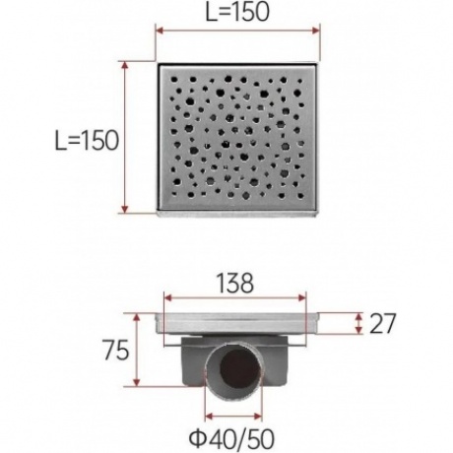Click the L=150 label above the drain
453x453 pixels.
click(237, 13)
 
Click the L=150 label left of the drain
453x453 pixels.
click(87, 141)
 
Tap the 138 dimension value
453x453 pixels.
click(235, 284)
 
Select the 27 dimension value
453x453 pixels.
click(383, 324)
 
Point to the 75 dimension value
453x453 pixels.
click(116, 351)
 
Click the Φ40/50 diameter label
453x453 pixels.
click(231, 439)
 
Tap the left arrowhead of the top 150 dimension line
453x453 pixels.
click(160, 31)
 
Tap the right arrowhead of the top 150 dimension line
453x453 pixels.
click(315, 31)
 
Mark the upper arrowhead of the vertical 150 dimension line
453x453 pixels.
click(124, 65)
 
